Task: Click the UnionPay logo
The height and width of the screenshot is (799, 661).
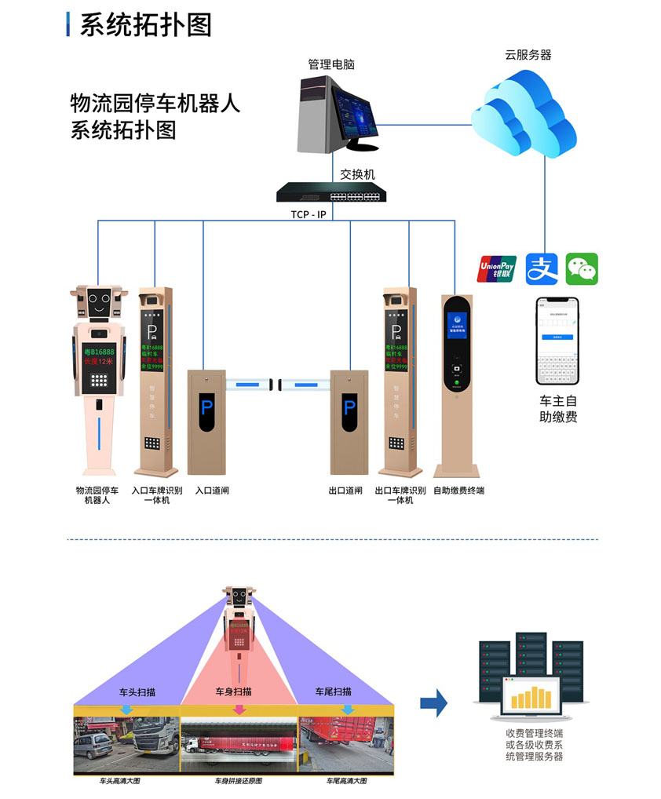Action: pos(497,268)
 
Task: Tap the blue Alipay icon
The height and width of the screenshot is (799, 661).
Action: pos(541,268)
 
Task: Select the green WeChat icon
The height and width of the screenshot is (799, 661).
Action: pos(582,268)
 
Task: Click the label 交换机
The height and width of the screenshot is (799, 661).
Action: pos(357,174)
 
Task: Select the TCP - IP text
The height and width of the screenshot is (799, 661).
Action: pos(302,214)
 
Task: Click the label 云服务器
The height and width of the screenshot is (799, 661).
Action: pos(528,55)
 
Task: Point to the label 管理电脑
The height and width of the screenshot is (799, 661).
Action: pos(331,64)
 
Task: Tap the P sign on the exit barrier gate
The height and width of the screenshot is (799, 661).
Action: pos(349,408)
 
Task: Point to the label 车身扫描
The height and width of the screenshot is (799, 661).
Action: pos(233,691)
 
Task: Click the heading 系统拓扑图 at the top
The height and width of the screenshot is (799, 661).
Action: pos(146,25)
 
